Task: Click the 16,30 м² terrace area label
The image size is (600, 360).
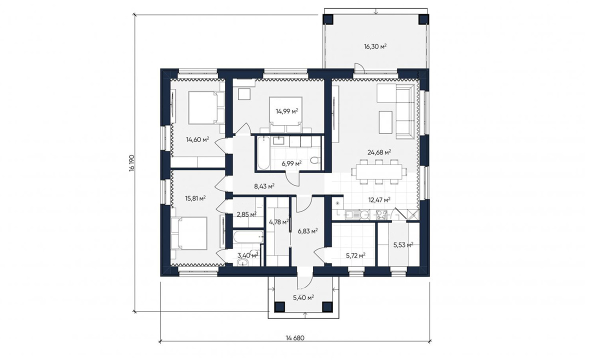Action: point(375,46)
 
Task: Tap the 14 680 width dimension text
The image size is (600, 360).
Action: point(295,338)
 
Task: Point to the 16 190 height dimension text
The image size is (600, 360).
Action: point(131,163)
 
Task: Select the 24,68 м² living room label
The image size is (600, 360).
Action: point(379,152)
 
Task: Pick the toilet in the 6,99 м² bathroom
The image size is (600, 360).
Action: point(315,160)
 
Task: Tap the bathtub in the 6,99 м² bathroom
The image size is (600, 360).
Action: point(263,153)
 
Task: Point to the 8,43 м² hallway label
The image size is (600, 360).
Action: point(264,186)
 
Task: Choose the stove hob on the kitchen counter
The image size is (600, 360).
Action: point(381,214)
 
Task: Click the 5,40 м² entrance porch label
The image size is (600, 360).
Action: point(303,297)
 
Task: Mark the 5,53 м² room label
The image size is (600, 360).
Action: point(403,245)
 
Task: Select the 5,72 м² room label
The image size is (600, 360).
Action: point(356,255)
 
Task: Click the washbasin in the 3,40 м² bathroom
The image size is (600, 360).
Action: point(243,262)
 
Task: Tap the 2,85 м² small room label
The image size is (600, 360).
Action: point(246,214)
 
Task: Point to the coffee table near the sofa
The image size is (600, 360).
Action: point(385,122)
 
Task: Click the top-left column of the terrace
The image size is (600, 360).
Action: point(328,19)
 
